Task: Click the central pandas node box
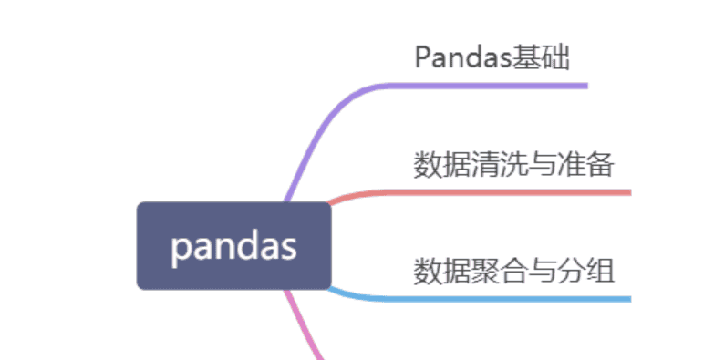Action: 233,245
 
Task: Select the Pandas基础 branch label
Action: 492,57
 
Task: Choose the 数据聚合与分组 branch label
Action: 513,271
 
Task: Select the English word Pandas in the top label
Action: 461,57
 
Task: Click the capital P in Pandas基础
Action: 422,57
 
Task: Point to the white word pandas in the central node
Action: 233,246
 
